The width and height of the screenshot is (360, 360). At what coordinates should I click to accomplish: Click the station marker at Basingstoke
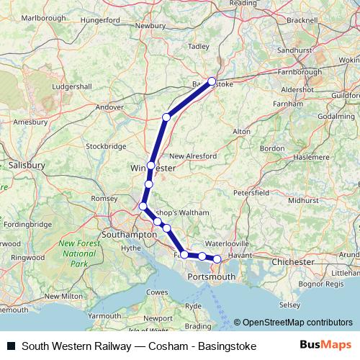click(x=212, y=81)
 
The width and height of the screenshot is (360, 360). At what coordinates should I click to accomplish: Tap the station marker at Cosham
click(x=217, y=258)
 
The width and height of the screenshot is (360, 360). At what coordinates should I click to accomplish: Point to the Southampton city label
click(x=129, y=235)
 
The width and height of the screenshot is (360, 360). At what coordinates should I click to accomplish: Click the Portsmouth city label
click(x=211, y=276)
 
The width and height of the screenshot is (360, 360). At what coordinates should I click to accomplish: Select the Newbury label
click(x=150, y=25)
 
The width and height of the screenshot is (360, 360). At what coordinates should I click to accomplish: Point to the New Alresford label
click(x=192, y=156)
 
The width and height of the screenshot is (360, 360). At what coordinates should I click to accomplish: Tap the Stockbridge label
click(x=106, y=145)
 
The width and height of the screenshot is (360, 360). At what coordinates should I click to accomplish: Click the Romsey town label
click(x=104, y=198)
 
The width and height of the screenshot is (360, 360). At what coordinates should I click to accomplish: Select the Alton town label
click(x=241, y=131)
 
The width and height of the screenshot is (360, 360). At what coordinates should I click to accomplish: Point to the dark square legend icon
click(x=11, y=346)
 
